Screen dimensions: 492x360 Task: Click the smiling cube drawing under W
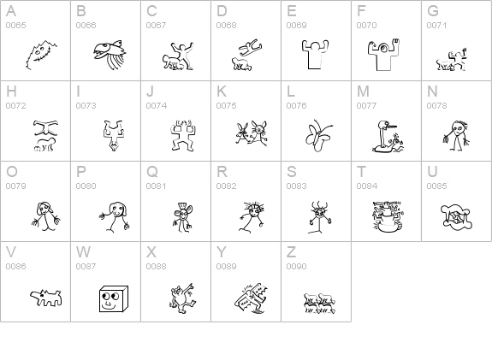click(114, 298)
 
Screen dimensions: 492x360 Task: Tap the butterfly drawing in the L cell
click(318, 136)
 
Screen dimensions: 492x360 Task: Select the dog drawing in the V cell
click(46, 298)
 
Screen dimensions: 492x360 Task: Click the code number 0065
click(15, 25)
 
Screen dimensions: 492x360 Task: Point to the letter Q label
click(152, 172)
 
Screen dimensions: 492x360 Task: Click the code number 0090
click(297, 266)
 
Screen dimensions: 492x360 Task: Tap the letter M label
click(363, 91)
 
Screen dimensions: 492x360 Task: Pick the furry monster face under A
click(41, 55)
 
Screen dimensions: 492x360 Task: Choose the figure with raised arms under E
click(315, 54)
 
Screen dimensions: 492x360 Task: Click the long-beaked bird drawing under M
click(388, 137)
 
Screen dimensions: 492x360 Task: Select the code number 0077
click(366, 106)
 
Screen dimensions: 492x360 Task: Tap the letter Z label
click(291, 252)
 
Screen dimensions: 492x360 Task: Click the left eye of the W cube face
click(106, 296)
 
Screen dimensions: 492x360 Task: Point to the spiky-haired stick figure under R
click(252, 217)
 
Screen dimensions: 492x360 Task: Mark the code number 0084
click(366, 186)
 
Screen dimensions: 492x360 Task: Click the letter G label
click(433, 11)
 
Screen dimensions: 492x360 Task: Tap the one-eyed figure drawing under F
click(383, 55)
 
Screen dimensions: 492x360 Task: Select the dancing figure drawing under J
click(182, 135)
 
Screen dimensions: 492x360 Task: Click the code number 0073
click(86, 106)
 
